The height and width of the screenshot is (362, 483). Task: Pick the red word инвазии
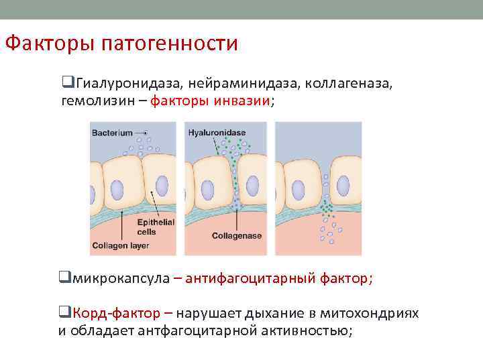click(241, 101)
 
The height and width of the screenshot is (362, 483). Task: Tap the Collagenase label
click(236, 236)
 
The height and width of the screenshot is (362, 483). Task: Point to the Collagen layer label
click(120, 245)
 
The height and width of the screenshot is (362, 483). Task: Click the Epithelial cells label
click(156, 227)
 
